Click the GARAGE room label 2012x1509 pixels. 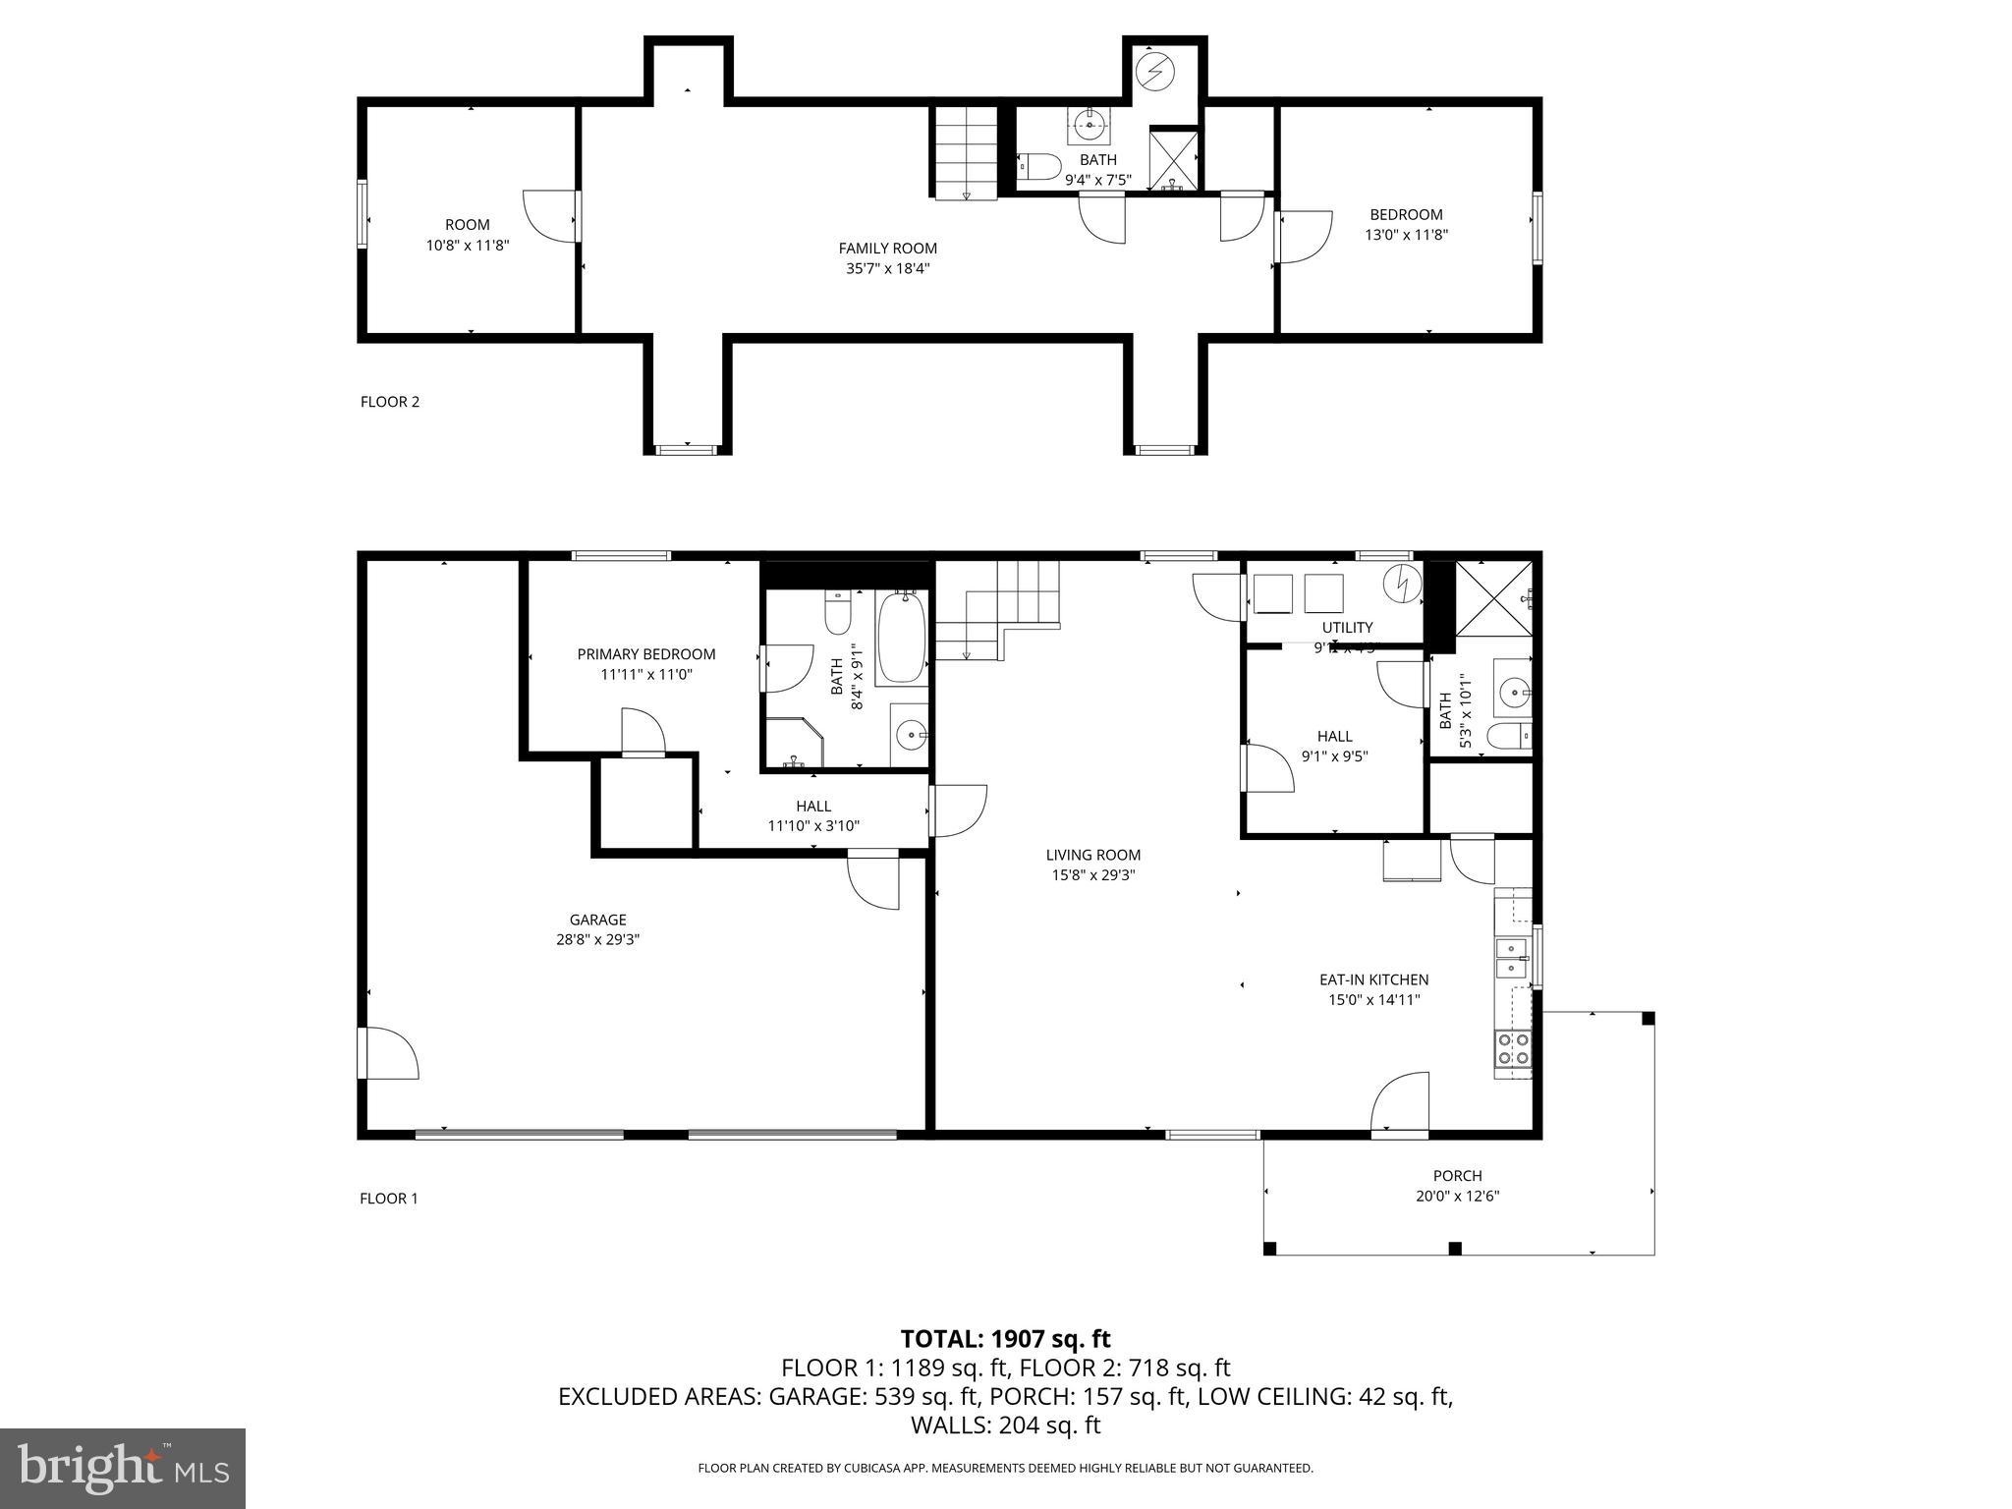click(597, 920)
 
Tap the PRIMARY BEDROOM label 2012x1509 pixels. click(645, 654)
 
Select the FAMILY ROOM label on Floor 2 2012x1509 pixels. click(887, 249)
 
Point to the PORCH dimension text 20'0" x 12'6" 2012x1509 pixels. click(1457, 1196)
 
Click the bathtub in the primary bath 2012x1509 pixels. click(902, 638)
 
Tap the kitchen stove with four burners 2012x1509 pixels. click(1512, 1048)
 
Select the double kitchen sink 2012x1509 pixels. click(1511, 958)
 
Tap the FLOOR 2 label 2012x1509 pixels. click(390, 402)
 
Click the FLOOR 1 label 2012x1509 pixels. click(389, 1199)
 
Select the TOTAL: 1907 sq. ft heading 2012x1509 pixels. click(1005, 1338)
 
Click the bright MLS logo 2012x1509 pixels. click(123, 1468)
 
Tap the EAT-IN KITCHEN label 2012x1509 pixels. click(1373, 979)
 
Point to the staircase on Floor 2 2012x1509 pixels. click(966, 152)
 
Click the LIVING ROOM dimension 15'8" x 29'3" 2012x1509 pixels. click(1092, 875)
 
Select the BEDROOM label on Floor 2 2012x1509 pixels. click(1406, 214)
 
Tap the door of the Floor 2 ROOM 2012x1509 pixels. click(550, 216)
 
